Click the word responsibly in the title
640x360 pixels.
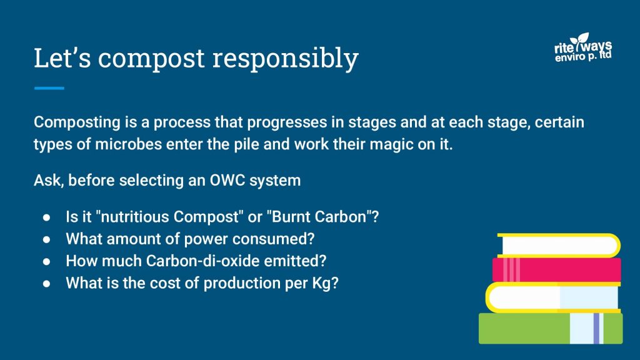tap(285, 59)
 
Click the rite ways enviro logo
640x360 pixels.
tap(583, 47)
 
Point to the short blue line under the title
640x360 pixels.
tap(49, 88)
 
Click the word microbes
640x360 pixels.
tap(128, 144)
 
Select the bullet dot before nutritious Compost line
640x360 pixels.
tap(46, 217)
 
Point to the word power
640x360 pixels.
tap(206, 239)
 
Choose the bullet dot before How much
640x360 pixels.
tap(46, 261)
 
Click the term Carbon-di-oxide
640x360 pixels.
tap(203, 261)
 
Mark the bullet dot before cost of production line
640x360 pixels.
tap(46, 283)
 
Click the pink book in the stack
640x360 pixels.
tap(556, 270)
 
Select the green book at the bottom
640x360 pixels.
tap(551, 328)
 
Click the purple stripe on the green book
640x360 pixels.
tap(596, 328)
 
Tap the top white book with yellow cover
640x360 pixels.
tap(559, 246)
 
